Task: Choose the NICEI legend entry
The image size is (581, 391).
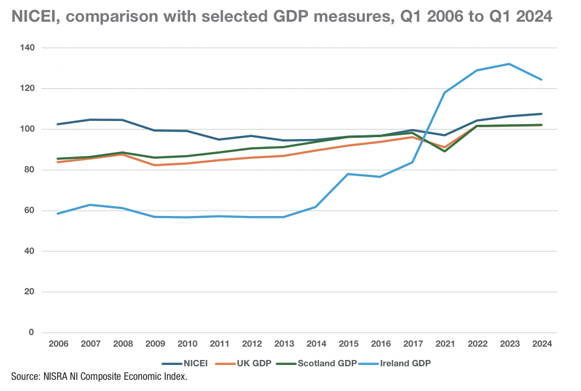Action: coord(184,364)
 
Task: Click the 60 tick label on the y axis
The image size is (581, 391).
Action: coord(29,211)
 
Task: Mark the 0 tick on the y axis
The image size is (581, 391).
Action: coord(32,333)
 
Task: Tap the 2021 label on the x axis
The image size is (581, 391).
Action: coord(445,344)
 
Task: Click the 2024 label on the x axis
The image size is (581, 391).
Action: coord(542,344)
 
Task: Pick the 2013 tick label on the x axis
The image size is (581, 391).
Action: coord(283,344)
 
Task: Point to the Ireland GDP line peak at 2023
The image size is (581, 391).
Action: coord(510,64)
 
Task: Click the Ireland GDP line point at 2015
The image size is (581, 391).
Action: coord(348,174)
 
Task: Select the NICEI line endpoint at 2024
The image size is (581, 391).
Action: coord(542,114)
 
